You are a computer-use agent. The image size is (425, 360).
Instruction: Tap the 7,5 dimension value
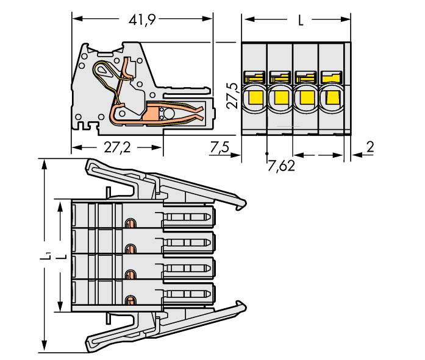click(219, 148)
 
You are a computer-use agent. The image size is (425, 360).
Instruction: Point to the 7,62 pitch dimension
click(282, 166)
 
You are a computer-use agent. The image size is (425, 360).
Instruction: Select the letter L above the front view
click(300, 21)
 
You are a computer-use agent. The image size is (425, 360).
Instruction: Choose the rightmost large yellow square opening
click(331, 97)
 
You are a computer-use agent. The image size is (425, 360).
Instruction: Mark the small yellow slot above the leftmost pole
click(254, 77)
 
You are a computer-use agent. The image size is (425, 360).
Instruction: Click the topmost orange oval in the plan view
click(129, 223)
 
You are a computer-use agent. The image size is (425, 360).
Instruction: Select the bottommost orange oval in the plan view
click(129, 300)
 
